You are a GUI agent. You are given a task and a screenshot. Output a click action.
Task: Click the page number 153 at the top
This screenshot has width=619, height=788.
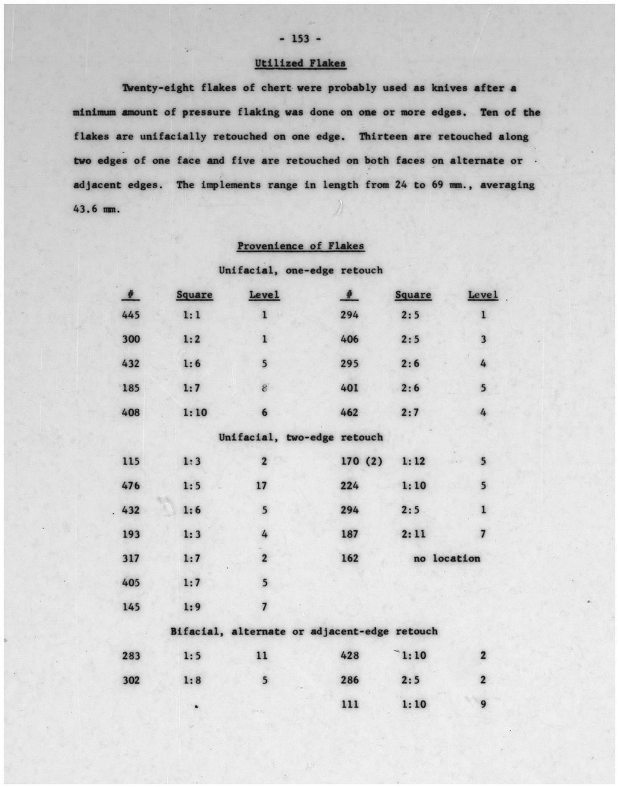[300, 39]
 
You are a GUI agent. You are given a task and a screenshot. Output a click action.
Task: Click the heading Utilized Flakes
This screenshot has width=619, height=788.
[300, 63]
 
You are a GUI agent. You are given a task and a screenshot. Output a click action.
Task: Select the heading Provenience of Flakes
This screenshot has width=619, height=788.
[300, 246]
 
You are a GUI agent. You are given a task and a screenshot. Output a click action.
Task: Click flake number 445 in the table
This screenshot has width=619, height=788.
[131, 315]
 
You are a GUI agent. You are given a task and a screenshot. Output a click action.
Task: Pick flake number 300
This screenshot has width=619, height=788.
[131, 339]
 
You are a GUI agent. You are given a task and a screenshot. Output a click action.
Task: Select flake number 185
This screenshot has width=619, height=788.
[131, 388]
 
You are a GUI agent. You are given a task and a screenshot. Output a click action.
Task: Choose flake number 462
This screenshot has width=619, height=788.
[349, 413]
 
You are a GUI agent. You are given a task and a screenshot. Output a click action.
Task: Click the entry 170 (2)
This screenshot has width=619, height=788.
[361, 461]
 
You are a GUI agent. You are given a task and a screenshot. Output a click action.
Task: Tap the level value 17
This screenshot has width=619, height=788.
[263, 486]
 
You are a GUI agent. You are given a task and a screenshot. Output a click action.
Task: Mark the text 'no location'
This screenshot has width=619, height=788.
[447, 558]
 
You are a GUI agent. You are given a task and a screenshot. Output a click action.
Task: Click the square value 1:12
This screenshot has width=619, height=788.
[413, 461]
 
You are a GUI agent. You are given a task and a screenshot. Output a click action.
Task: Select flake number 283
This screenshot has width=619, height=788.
[131, 655]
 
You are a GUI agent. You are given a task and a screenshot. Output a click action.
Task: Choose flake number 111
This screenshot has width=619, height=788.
[349, 705]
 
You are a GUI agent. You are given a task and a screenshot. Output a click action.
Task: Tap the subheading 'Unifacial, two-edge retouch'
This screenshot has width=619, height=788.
[300, 437]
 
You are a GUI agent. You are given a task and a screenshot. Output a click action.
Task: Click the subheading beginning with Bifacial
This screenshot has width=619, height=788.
[304, 631]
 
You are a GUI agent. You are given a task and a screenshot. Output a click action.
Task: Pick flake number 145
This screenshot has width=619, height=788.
[131, 607]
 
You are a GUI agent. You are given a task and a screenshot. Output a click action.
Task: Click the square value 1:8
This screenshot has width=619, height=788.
[192, 680]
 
